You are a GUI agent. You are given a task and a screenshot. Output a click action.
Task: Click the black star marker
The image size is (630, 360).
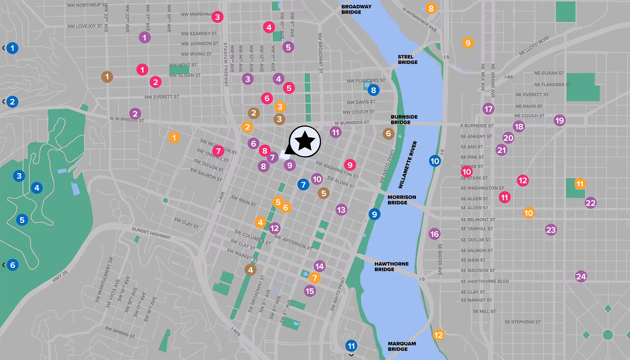305,141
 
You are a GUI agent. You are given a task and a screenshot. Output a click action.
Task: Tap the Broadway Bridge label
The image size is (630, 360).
356,9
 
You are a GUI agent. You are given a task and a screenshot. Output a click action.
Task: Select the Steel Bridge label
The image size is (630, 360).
407,60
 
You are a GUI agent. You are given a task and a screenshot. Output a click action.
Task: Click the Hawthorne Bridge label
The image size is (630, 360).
391,266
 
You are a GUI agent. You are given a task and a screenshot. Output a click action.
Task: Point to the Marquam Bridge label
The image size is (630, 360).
402,346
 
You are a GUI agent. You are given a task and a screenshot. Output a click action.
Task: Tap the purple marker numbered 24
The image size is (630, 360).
581,277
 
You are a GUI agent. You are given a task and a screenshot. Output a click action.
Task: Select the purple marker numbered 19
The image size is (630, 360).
559,120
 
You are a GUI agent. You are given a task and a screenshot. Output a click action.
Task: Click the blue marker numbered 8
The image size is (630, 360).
373,90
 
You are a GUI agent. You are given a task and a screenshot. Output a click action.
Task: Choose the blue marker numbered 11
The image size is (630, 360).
351,346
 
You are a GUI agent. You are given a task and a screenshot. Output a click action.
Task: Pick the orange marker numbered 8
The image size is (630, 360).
431,9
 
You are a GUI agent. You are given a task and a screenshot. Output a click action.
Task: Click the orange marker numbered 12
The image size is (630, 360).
438,335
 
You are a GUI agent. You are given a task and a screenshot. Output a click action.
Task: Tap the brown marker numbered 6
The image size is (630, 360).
388,134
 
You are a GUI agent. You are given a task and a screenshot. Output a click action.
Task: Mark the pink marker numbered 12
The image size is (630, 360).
523,180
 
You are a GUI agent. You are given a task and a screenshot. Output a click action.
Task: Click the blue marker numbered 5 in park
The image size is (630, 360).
22,220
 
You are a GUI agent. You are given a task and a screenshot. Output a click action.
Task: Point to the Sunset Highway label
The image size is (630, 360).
151,233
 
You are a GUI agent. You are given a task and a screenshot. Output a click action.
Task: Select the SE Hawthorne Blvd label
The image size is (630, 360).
484,281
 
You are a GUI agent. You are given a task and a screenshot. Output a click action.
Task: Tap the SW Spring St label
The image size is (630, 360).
120,332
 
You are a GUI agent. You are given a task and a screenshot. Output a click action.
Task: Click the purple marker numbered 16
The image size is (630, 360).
434,234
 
